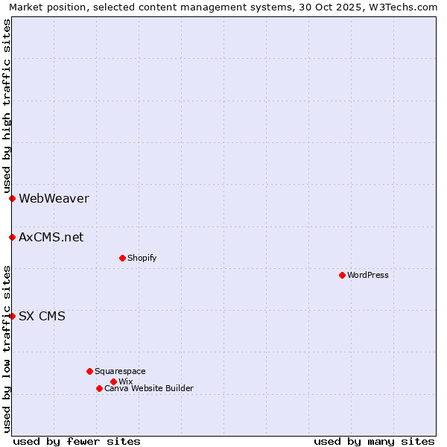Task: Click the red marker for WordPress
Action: [342, 275]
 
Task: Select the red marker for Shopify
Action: [122, 258]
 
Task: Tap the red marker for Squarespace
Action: [89, 371]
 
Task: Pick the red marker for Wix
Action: [113, 381]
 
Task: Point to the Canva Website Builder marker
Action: [99, 388]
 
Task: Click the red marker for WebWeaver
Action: [13, 198]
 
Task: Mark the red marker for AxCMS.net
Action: [13, 237]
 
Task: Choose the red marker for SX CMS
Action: [13, 316]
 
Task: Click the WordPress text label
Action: [368, 275]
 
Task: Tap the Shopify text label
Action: [142, 258]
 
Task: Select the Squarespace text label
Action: [120, 371]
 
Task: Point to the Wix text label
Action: [125, 381]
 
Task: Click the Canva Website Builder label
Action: [149, 388]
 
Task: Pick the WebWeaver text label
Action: [54, 198]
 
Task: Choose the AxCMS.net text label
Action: [51, 237]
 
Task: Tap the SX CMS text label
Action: [42, 316]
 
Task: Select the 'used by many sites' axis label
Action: [374, 441]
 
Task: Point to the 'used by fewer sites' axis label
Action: [77, 441]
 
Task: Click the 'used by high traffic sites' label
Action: [7, 107]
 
